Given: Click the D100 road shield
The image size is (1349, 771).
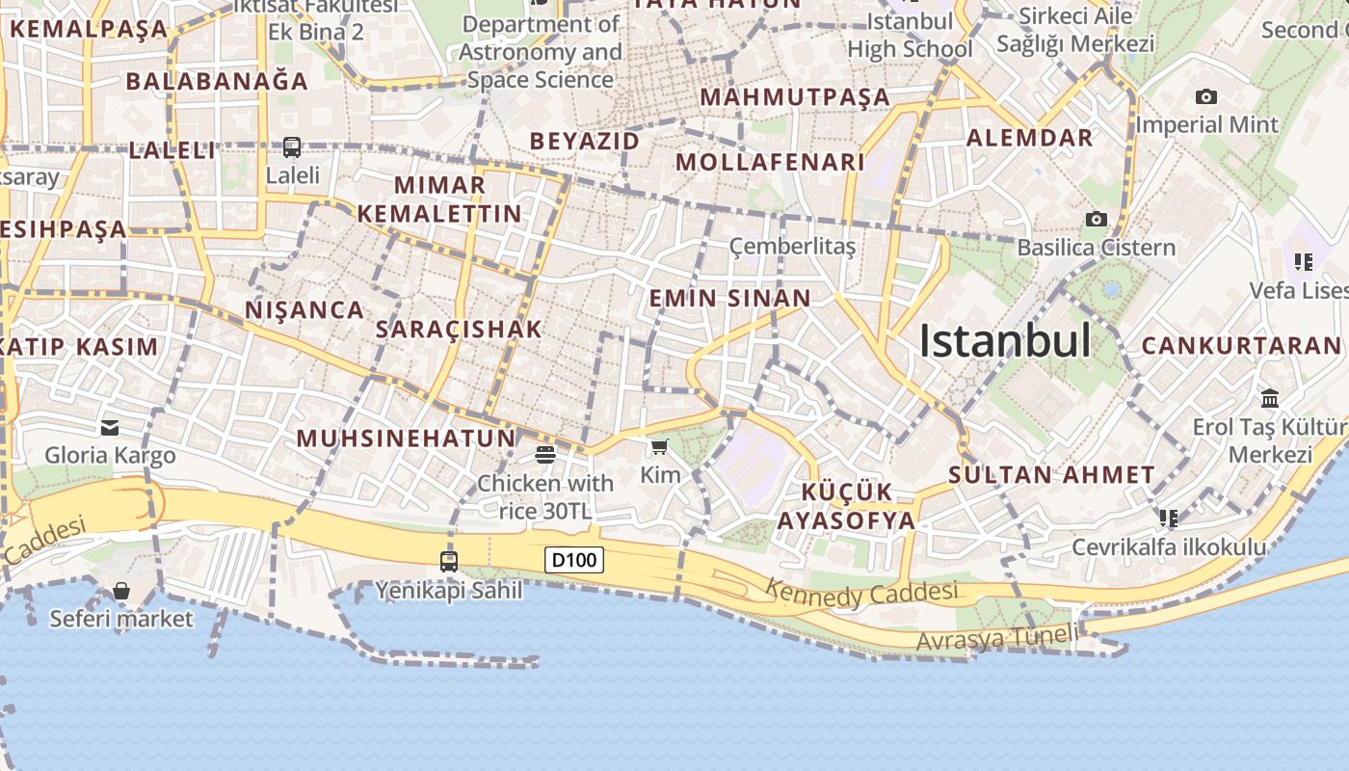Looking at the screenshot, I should pos(574,560).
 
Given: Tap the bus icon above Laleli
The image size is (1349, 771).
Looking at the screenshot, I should pos(292,147).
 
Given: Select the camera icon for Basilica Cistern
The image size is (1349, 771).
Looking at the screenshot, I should pos(1096,220).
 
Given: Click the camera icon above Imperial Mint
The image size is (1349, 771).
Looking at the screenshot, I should pos(1205,96).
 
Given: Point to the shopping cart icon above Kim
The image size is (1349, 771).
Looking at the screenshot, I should pos(659,446).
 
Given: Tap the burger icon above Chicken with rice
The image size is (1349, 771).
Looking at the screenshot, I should pos(545,454).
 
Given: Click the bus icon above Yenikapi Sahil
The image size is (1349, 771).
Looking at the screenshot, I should pos(448,561).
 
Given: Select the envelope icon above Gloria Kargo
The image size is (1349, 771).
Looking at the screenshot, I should pos(110,427).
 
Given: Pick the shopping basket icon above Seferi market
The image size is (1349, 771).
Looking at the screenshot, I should pos(121,590).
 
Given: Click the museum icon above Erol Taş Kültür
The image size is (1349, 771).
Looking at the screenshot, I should pos(1270,398).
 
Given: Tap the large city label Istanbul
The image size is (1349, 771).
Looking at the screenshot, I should pos(1005,340).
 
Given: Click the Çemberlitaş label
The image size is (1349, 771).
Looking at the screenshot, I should pos(792,247).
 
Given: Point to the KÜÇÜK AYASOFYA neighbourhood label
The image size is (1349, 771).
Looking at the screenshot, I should pos(846,506).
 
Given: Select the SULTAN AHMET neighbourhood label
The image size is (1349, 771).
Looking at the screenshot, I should pos(1051,474).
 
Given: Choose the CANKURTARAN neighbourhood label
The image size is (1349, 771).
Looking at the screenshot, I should pos(1241,345).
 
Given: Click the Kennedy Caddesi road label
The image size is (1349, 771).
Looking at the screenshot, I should pos(862,595).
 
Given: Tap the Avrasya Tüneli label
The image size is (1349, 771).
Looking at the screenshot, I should pos(997,638).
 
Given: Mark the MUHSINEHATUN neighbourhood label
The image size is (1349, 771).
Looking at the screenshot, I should pos(406,439).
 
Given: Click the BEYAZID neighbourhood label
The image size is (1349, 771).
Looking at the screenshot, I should pos(585,141).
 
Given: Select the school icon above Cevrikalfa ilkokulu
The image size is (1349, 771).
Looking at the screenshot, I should pos(1169,518).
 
